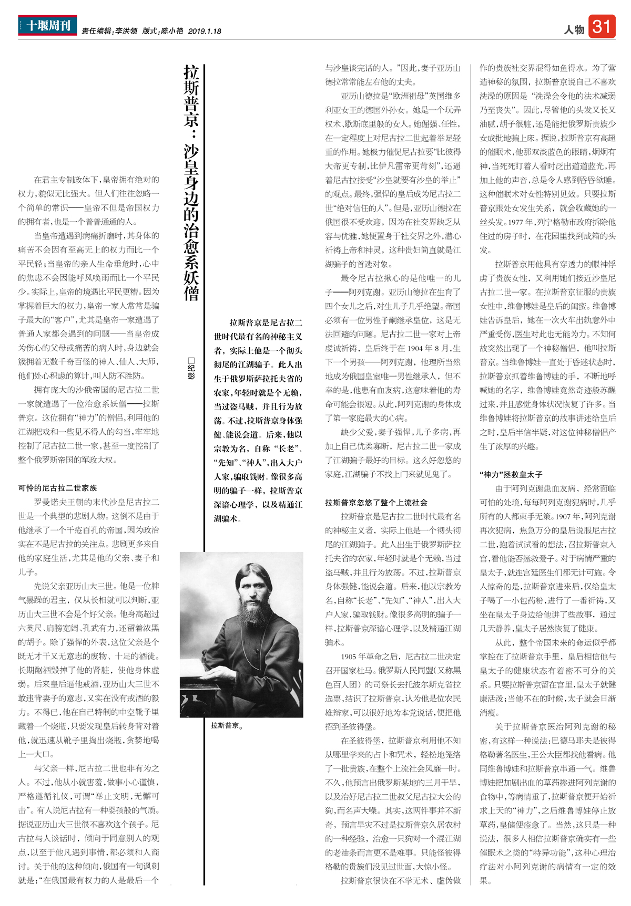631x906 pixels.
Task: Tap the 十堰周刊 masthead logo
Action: click(47, 25)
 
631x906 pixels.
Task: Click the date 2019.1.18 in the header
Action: click(205, 31)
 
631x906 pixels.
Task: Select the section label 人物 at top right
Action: click(574, 29)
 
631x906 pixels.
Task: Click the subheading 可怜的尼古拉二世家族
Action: click(57, 488)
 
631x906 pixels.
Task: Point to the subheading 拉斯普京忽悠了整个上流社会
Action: click(376, 502)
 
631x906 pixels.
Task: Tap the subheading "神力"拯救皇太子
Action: click(511, 474)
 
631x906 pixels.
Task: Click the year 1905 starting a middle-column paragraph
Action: click(348, 657)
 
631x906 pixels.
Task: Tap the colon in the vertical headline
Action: click(191, 134)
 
